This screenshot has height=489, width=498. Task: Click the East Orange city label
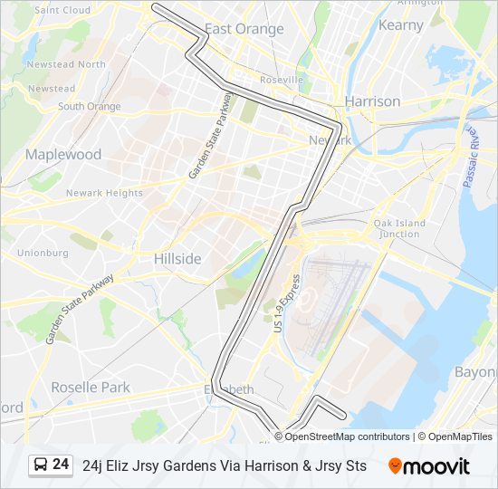click(244, 29)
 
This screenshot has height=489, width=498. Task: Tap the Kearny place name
click(400, 25)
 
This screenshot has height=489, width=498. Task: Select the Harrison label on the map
click(372, 101)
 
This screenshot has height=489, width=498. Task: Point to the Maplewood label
click(63, 155)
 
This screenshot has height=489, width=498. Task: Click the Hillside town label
click(177, 259)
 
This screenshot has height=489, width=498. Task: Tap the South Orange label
click(90, 107)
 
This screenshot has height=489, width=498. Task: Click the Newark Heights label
click(104, 193)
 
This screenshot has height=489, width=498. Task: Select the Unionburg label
click(43, 253)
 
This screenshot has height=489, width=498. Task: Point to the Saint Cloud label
click(62, 10)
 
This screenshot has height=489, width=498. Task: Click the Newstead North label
click(66, 64)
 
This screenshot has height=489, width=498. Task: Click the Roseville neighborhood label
click(282, 81)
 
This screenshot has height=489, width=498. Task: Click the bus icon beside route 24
click(41, 465)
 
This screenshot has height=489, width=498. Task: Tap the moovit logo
click(429, 465)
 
